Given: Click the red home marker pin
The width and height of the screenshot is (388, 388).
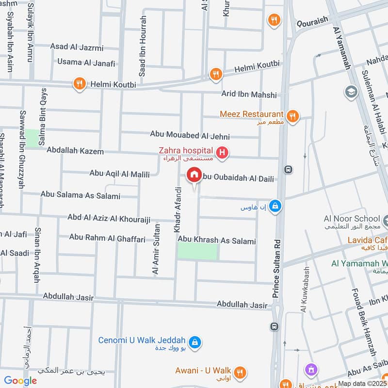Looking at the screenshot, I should (194, 175).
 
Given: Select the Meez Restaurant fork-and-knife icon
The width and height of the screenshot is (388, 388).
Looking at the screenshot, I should (292, 116).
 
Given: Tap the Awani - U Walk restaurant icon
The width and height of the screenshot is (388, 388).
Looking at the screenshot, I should (240, 372).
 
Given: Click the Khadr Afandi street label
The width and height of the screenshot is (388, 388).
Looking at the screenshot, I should (178, 210).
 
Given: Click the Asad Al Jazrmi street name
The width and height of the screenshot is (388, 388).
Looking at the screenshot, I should (77, 47).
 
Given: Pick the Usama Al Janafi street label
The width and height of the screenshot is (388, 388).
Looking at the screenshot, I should (86, 63).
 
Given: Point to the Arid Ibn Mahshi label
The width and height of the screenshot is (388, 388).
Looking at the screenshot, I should (249, 95).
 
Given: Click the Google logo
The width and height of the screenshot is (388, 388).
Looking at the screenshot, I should (20, 381).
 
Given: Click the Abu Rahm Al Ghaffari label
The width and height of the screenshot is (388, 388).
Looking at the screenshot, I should (107, 237).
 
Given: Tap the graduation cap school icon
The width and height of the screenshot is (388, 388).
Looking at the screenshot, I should (350, 91).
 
